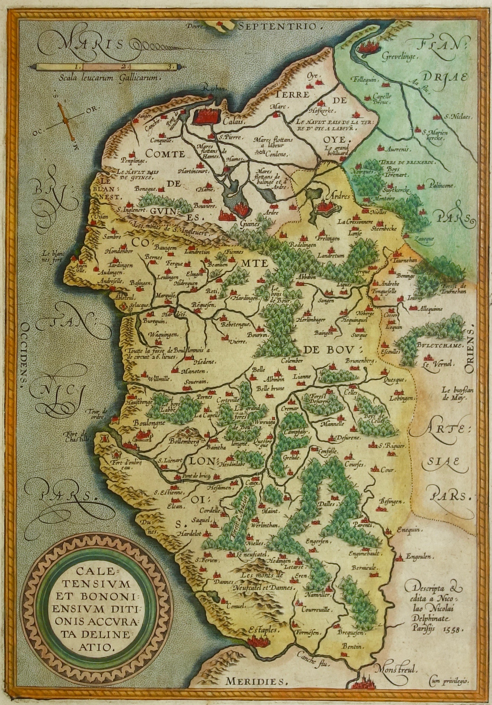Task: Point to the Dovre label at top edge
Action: pyautogui.click(x=194, y=26)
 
